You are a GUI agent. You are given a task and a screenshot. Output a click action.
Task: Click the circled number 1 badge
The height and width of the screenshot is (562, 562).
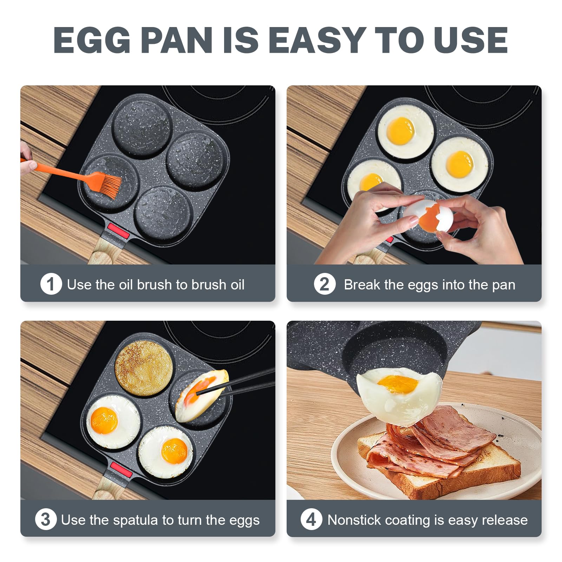click(x=51, y=284)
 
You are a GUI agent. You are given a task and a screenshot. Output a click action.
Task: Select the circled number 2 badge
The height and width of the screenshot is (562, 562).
click(x=325, y=284)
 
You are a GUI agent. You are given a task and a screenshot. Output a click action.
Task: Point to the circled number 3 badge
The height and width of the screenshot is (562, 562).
click(x=46, y=519)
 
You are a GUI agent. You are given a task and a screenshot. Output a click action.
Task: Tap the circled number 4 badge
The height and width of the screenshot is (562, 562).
click(x=311, y=519)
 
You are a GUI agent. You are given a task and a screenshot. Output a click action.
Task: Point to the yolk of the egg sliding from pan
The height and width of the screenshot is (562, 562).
click(x=399, y=384)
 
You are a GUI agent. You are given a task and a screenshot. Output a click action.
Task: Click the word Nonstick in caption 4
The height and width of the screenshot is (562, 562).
click(x=353, y=520)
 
